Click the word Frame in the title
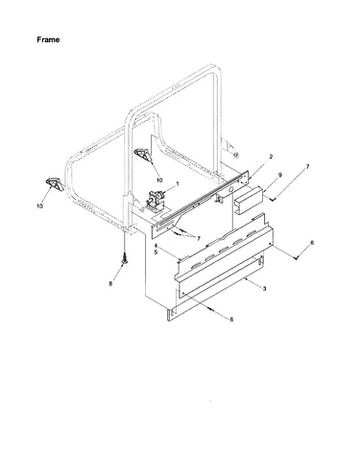coord(48,39)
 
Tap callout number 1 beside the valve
coord(178,183)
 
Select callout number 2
coord(271,156)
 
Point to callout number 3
coord(264,289)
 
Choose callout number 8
coord(110,283)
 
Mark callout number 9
coord(280,175)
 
